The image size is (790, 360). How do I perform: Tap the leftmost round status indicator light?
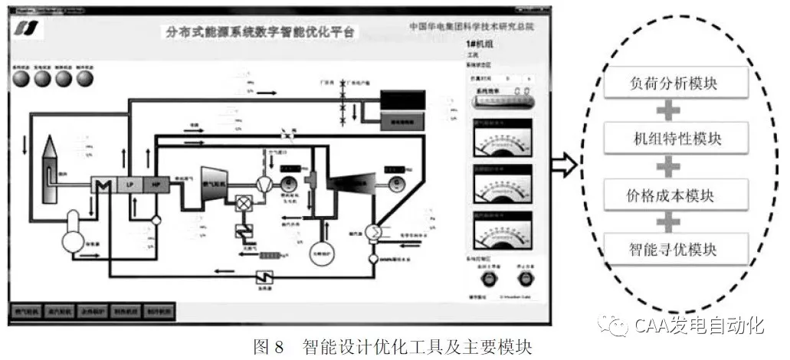click(x=18, y=80)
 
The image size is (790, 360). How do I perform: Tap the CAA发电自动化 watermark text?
click(x=698, y=326)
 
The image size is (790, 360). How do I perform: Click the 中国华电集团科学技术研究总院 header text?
click(x=471, y=27)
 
